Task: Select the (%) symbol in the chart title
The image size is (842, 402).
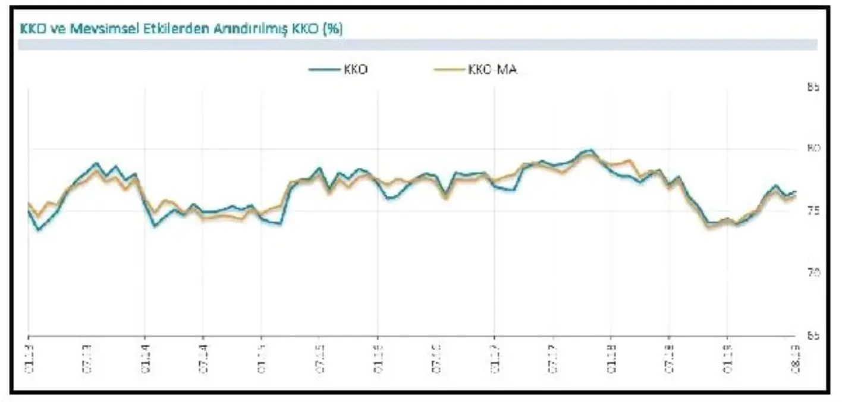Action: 332,29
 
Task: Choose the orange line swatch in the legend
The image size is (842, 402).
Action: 447,70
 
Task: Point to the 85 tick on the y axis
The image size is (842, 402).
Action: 813,87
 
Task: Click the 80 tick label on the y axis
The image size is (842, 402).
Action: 813,148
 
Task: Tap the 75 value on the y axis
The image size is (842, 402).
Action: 813,211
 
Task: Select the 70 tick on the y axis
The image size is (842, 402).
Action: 813,273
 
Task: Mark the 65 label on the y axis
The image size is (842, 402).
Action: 813,335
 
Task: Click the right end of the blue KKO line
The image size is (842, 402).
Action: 796,192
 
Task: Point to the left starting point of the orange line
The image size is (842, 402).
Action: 29,203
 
